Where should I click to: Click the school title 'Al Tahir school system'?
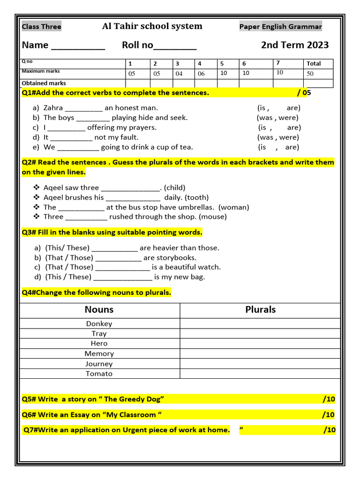(x=152, y=26)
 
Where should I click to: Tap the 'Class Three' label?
(x=41, y=27)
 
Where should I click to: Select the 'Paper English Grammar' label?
(x=280, y=27)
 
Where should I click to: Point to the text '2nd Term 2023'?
(x=295, y=45)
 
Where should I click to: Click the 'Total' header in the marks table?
(x=314, y=64)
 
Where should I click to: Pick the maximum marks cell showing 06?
(x=201, y=74)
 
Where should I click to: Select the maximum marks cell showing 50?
(x=310, y=74)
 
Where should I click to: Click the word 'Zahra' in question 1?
(x=53, y=108)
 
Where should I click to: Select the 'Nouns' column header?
(x=99, y=310)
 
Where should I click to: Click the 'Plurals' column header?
(x=260, y=310)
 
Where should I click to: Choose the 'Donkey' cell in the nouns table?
(x=99, y=324)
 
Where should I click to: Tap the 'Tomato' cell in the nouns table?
(x=99, y=374)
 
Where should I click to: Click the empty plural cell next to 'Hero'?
(x=260, y=344)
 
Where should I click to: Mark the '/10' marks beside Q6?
(x=328, y=415)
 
